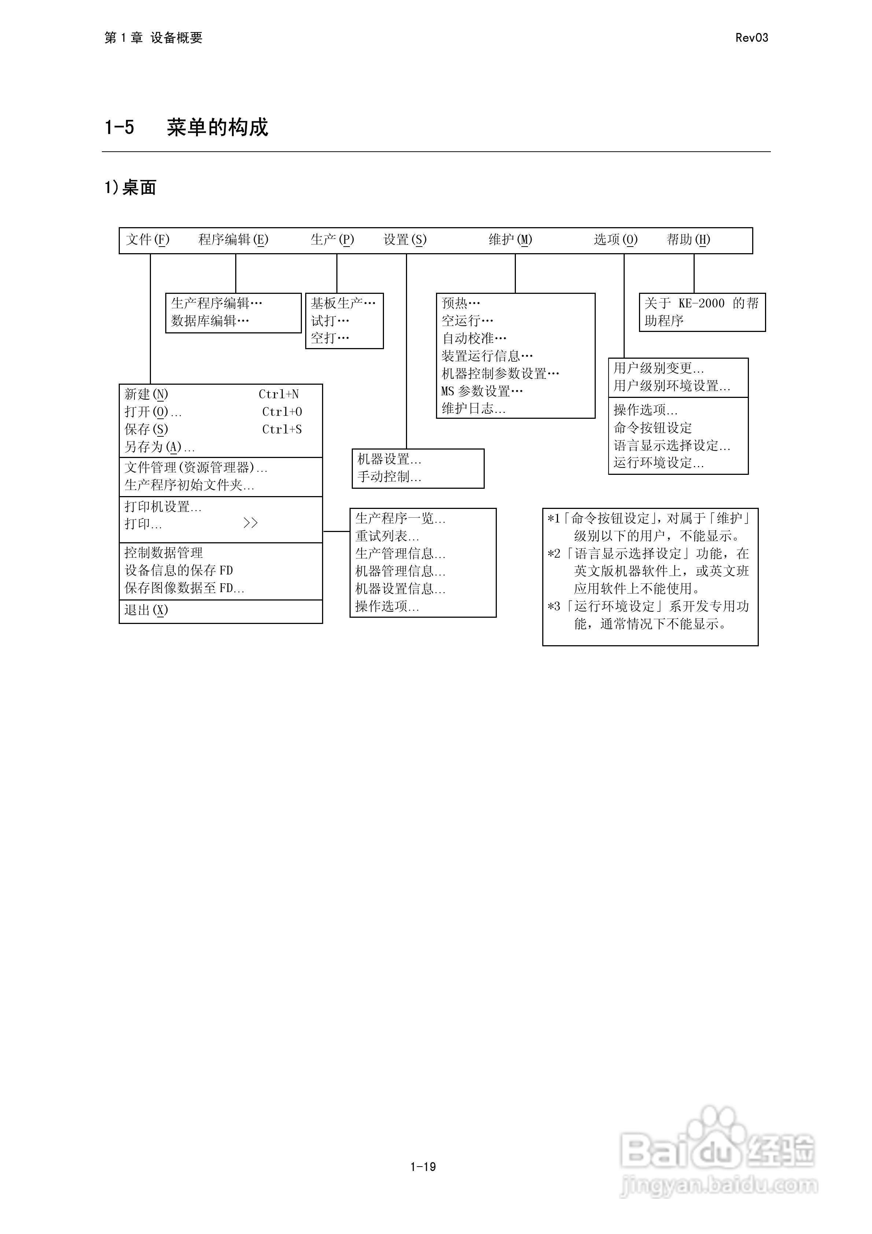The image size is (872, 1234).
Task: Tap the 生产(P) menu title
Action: pos(332,240)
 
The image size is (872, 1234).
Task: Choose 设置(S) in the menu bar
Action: pos(405,240)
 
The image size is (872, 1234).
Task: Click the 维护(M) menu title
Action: pos(510,240)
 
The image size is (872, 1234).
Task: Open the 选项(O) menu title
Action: pos(616,240)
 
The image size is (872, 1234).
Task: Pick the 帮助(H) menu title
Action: pos(688,240)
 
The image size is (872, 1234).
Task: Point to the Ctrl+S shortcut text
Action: pos(282,429)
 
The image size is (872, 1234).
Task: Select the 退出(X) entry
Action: pos(146,610)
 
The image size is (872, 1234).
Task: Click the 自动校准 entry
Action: pos(474,339)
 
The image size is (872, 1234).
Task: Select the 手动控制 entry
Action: pos(389,477)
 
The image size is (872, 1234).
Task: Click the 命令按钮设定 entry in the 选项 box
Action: pos(653,428)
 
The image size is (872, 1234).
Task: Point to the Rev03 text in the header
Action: pos(751,38)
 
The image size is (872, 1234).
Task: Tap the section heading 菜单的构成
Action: pos(217,128)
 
